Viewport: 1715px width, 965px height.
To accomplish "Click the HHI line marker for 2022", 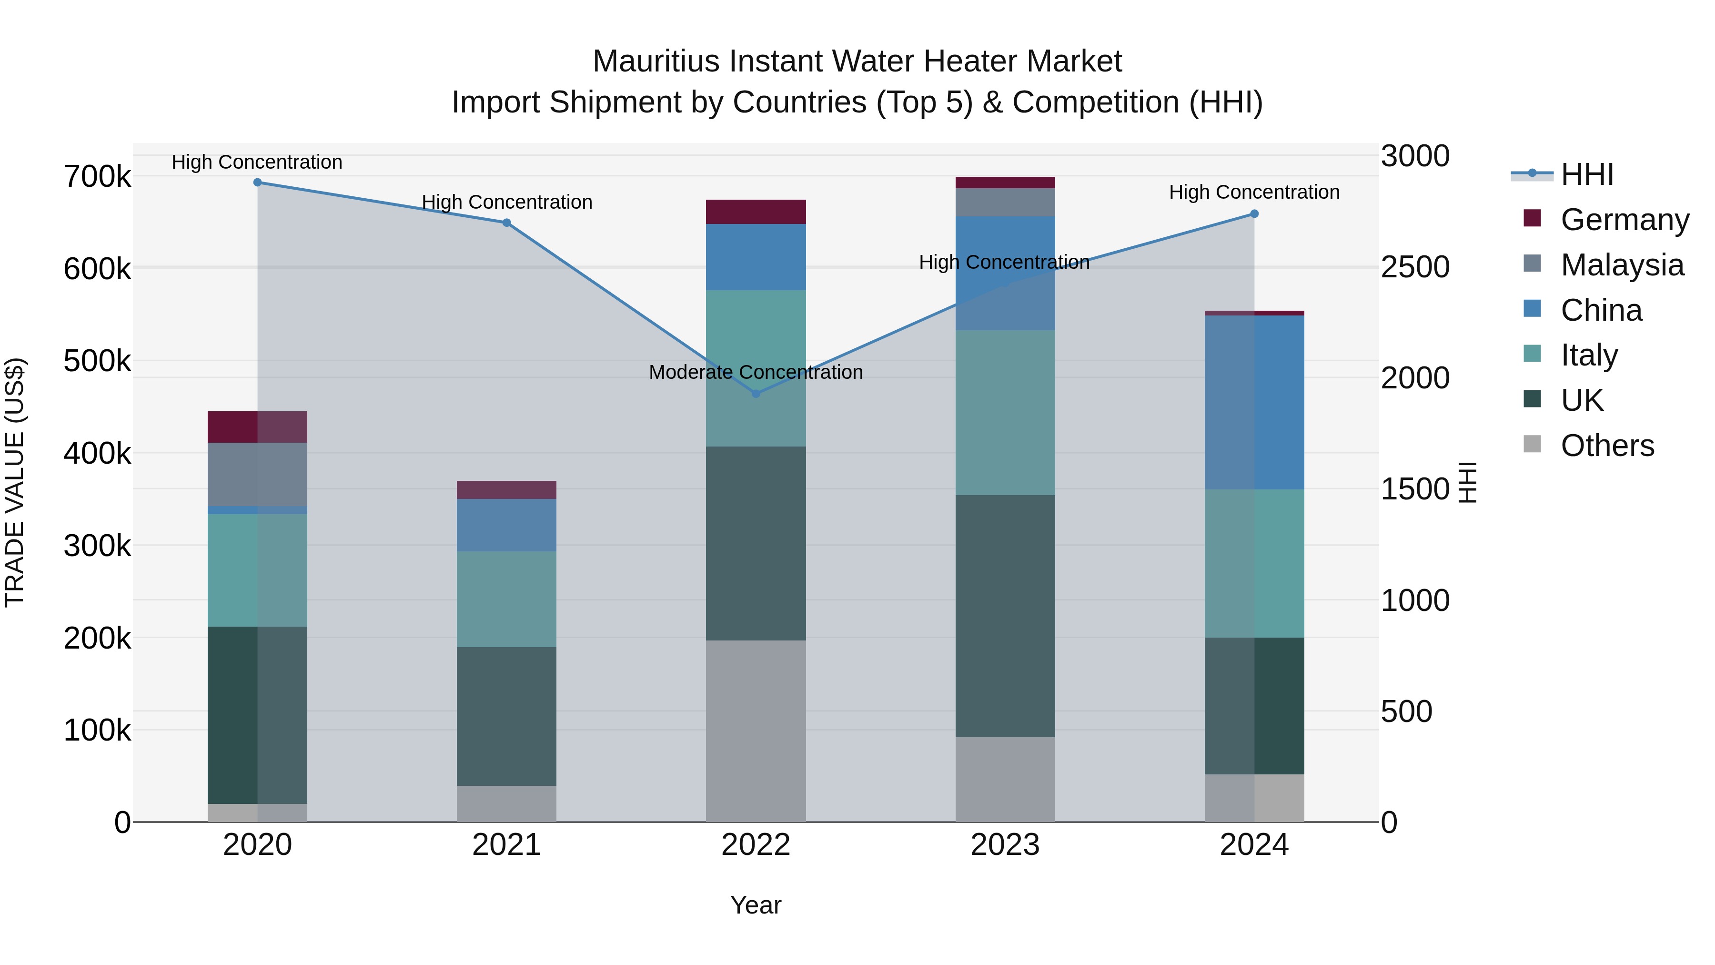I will tap(756, 394).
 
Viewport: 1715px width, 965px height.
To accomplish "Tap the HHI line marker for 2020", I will tap(258, 183).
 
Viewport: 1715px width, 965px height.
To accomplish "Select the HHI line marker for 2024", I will tap(1254, 214).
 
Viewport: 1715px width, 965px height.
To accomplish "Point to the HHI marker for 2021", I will tap(507, 223).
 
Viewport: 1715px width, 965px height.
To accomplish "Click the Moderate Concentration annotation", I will tap(756, 372).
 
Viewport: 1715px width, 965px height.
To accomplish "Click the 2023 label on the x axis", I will tap(1005, 845).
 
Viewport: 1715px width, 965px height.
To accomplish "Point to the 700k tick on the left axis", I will tap(97, 178).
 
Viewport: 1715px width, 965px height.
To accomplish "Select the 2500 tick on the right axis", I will tap(1415, 267).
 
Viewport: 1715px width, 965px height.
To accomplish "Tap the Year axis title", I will tap(756, 905).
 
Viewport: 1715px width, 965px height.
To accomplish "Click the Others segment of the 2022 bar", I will tap(756, 731).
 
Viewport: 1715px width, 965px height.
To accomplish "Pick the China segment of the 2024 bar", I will tap(1254, 402).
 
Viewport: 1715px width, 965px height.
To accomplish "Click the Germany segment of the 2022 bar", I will tap(756, 212).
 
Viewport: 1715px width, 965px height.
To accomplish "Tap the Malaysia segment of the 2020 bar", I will tap(258, 474).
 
